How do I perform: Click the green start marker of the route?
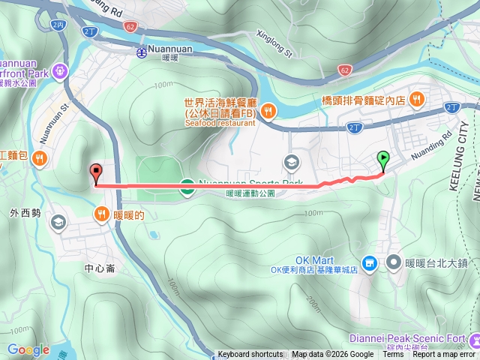(x=384, y=159)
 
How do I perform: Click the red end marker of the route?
(x=95, y=172)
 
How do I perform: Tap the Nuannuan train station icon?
(x=142, y=52)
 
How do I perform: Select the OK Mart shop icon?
(x=369, y=264)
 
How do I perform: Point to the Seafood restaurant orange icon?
(x=268, y=112)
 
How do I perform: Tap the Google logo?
(x=28, y=350)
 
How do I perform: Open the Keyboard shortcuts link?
(x=250, y=355)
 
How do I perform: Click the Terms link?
(x=393, y=355)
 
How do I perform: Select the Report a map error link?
(x=443, y=355)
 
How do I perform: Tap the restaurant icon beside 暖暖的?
(x=100, y=214)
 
